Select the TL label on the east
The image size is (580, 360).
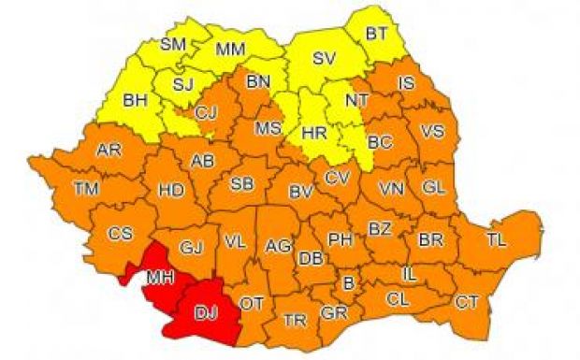[496, 240]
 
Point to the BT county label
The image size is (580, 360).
[376, 34]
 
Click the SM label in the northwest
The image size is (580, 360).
[173, 44]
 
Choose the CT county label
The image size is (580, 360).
[466, 302]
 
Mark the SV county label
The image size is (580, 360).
[324, 58]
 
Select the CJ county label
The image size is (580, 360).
[207, 114]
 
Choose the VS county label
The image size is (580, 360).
[433, 130]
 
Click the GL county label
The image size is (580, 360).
[433, 186]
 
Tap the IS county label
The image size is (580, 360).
[405, 84]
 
